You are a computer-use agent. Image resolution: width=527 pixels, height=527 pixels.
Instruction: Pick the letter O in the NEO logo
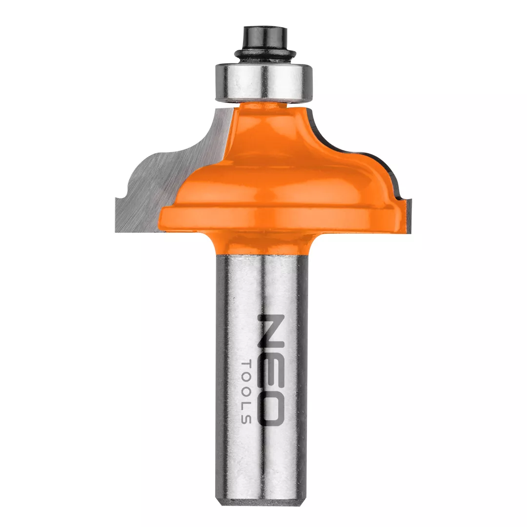(271, 406)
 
